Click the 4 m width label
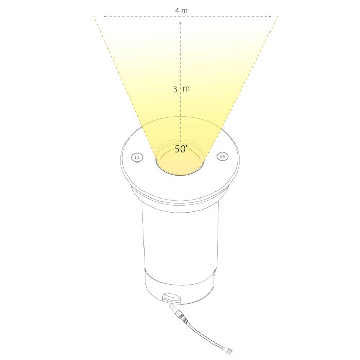click(x=181, y=11)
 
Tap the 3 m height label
click(x=182, y=89)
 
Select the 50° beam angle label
click(x=181, y=149)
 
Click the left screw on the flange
click(x=137, y=157)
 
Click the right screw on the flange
click(x=222, y=156)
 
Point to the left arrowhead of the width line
click(x=104, y=17)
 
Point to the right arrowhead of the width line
click(x=270, y=17)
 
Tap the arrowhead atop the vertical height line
click(x=181, y=23)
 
